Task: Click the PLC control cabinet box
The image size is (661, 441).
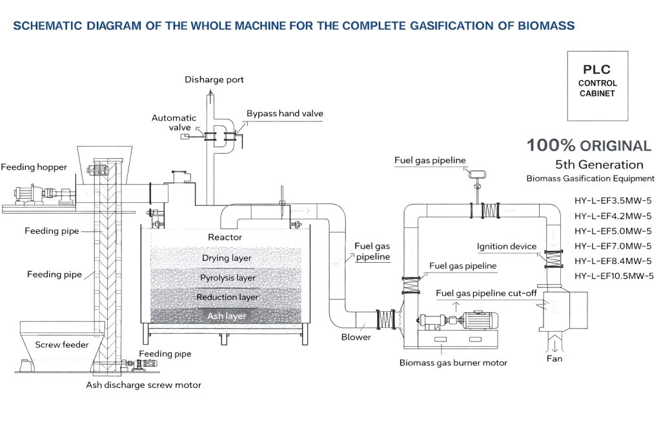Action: pyautogui.click(x=597, y=85)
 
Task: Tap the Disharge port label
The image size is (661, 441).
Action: pyautogui.click(x=214, y=80)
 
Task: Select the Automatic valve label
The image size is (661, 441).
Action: pyautogui.click(x=174, y=123)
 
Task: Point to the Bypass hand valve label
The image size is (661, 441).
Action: pyautogui.click(x=285, y=114)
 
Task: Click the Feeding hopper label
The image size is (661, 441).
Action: pyautogui.click(x=34, y=167)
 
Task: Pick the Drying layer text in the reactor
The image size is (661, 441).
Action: pyautogui.click(x=227, y=258)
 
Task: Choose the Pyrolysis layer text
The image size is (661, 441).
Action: pyautogui.click(x=227, y=278)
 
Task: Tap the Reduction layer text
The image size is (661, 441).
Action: pyautogui.click(x=227, y=298)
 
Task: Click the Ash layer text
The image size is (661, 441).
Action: pyautogui.click(x=227, y=316)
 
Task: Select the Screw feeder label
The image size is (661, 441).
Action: pyautogui.click(x=62, y=345)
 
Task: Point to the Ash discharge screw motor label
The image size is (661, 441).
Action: pyautogui.click(x=144, y=385)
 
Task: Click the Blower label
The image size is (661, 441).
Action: pyautogui.click(x=356, y=337)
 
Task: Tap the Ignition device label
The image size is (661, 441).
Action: pyautogui.click(x=507, y=247)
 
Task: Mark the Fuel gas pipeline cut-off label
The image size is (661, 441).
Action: pyautogui.click(x=486, y=293)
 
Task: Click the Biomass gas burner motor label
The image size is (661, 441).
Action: pyautogui.click(x=453, y=363)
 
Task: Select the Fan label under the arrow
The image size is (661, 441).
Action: pyautogui.click(x=554, y=358)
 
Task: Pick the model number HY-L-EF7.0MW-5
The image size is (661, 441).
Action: pyautogui.click(x=613, y=246)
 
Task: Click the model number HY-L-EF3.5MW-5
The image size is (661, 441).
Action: pyautogui.click(x=613, y=200)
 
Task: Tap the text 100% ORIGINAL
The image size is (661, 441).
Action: pyautogui.click(x=589, y=145)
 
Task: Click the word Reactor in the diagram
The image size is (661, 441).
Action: pyautogui.click(x=225, y=238)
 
